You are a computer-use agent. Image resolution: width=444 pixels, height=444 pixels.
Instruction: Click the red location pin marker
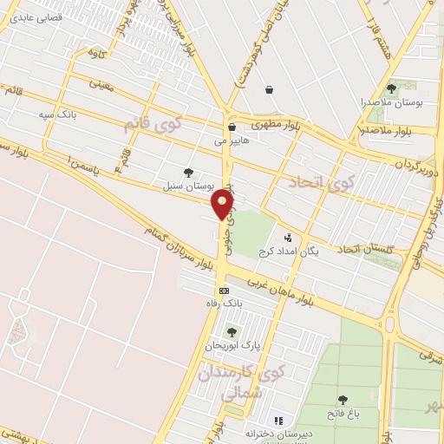224,205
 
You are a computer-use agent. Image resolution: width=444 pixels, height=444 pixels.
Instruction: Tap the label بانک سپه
58,114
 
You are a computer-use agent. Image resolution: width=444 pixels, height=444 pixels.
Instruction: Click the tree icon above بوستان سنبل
189,173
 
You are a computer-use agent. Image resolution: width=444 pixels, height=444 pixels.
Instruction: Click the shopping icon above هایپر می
231,127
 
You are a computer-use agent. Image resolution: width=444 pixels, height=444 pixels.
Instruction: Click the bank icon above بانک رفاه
224,291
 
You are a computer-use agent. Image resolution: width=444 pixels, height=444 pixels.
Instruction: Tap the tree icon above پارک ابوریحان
231,331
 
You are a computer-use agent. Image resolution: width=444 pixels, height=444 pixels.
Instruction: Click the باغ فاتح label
343,413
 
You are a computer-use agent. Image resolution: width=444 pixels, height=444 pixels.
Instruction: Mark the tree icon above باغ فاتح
343,400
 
